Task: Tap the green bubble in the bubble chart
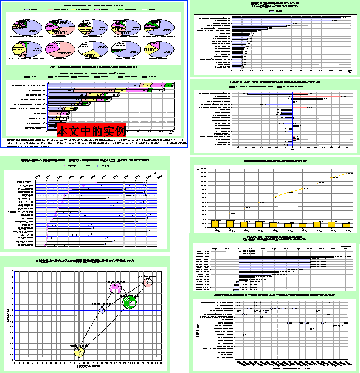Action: click(130, 302)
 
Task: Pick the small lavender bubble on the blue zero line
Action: click(102, 311)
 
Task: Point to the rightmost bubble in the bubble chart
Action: click(148, 282)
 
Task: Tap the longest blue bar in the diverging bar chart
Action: click(269, 93)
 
